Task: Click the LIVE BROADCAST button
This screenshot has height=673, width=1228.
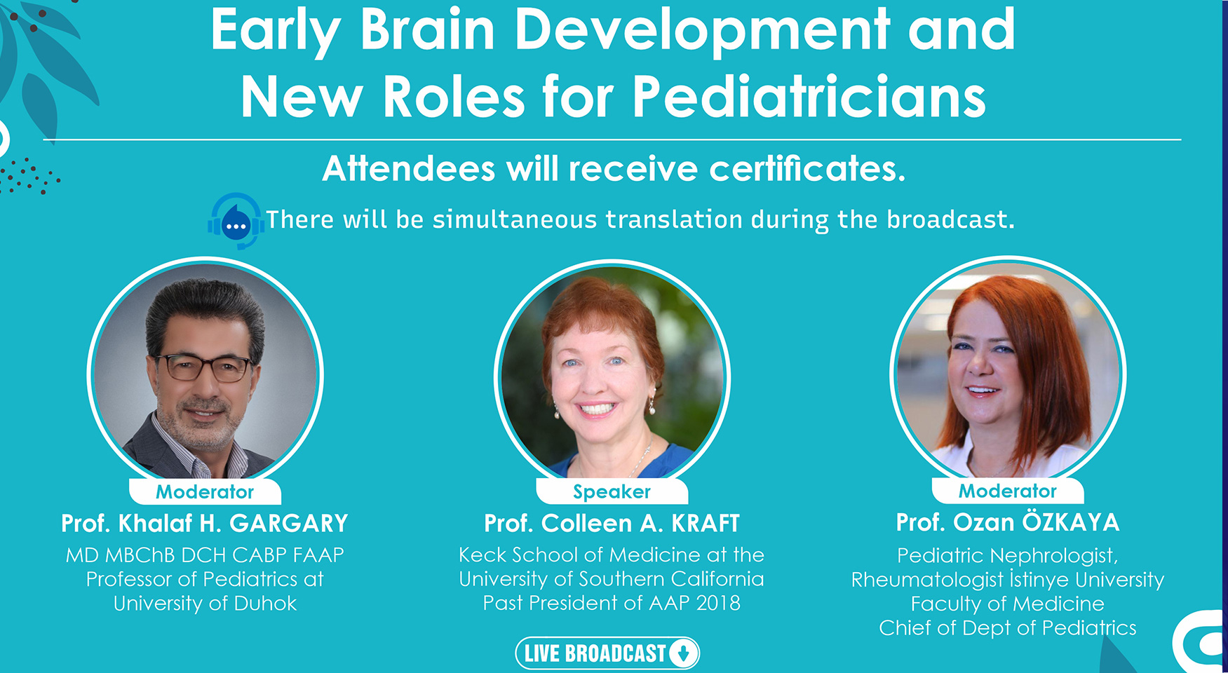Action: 607,653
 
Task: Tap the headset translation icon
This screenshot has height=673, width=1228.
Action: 236,221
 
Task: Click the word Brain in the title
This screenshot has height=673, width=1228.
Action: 428,31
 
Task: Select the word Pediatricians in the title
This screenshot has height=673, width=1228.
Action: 809,97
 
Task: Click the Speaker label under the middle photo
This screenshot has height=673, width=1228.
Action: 612,492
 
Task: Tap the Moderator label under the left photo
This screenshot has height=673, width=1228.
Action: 205,492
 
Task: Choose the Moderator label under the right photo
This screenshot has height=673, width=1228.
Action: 1008,491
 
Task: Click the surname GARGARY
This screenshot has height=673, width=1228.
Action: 289,524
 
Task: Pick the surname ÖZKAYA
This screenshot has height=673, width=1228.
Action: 1070,522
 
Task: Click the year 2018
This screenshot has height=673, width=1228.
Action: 718,603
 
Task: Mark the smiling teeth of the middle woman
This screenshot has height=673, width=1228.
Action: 597,408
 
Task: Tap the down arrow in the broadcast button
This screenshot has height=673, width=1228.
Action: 683,653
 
